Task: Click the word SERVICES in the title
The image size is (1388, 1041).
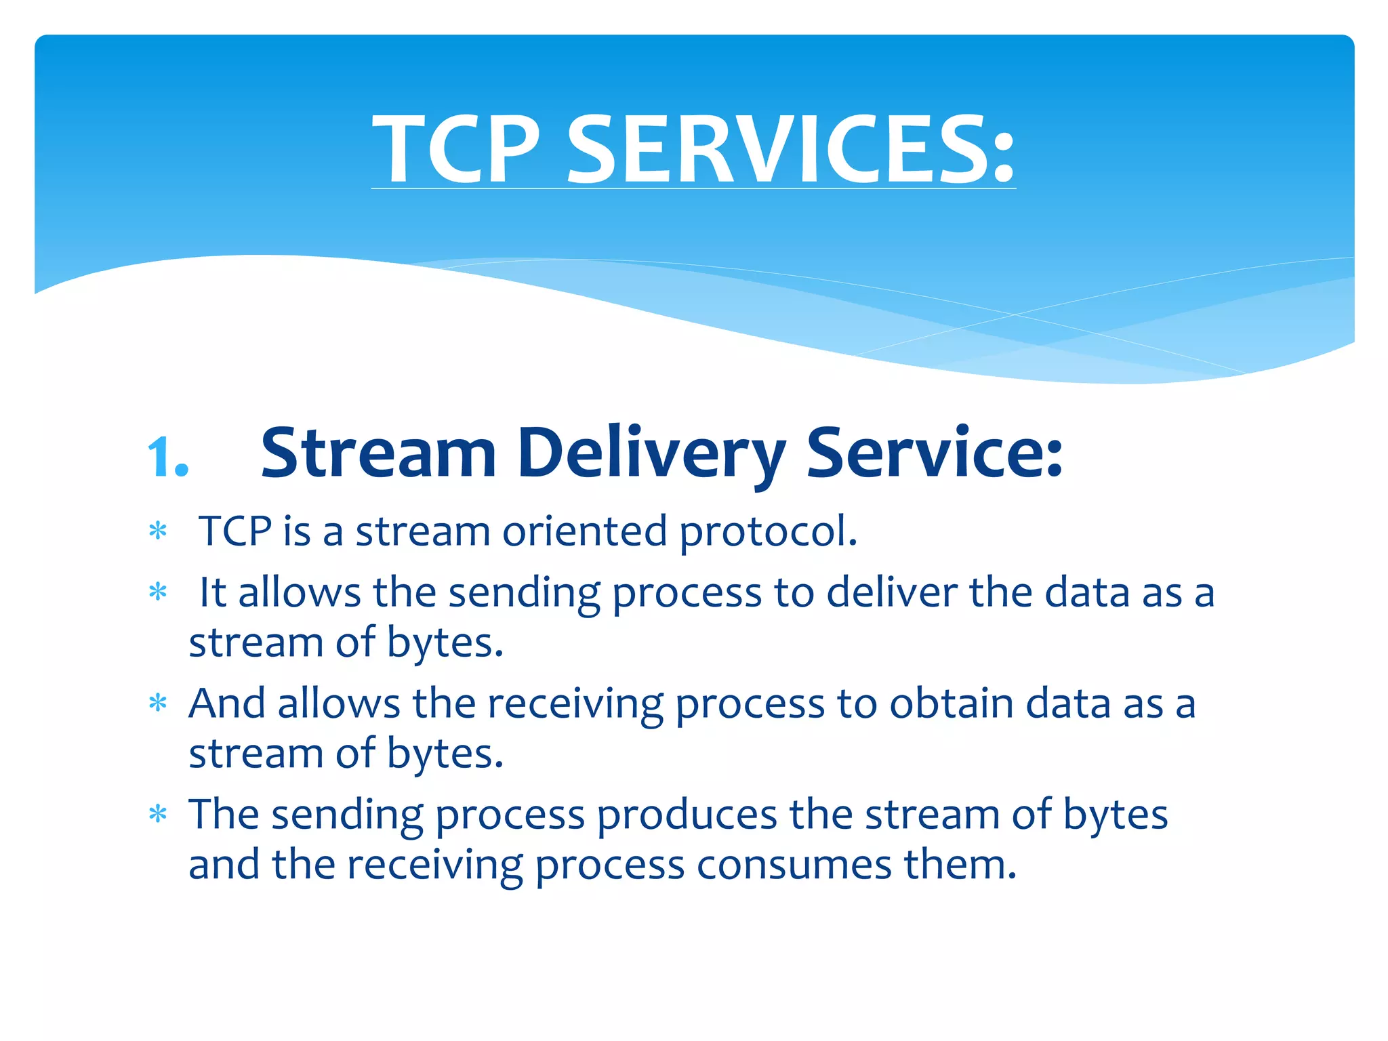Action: pos(779,149)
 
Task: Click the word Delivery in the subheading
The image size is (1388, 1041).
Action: pos(651,453)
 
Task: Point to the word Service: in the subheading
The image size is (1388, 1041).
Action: pos(934,453)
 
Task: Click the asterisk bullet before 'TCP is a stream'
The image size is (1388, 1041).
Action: pos(158,531)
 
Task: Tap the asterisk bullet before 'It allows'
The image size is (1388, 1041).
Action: pos(158,592)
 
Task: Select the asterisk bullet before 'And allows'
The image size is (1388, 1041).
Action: pos(158,703)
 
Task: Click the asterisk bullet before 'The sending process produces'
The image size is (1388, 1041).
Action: pos(158,814)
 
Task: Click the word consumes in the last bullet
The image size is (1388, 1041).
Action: pos(794,865)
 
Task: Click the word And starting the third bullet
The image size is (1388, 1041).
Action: pos(227,703)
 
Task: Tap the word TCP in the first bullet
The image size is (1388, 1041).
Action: pos(235,531)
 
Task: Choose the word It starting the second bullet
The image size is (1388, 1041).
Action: pos(212,592)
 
